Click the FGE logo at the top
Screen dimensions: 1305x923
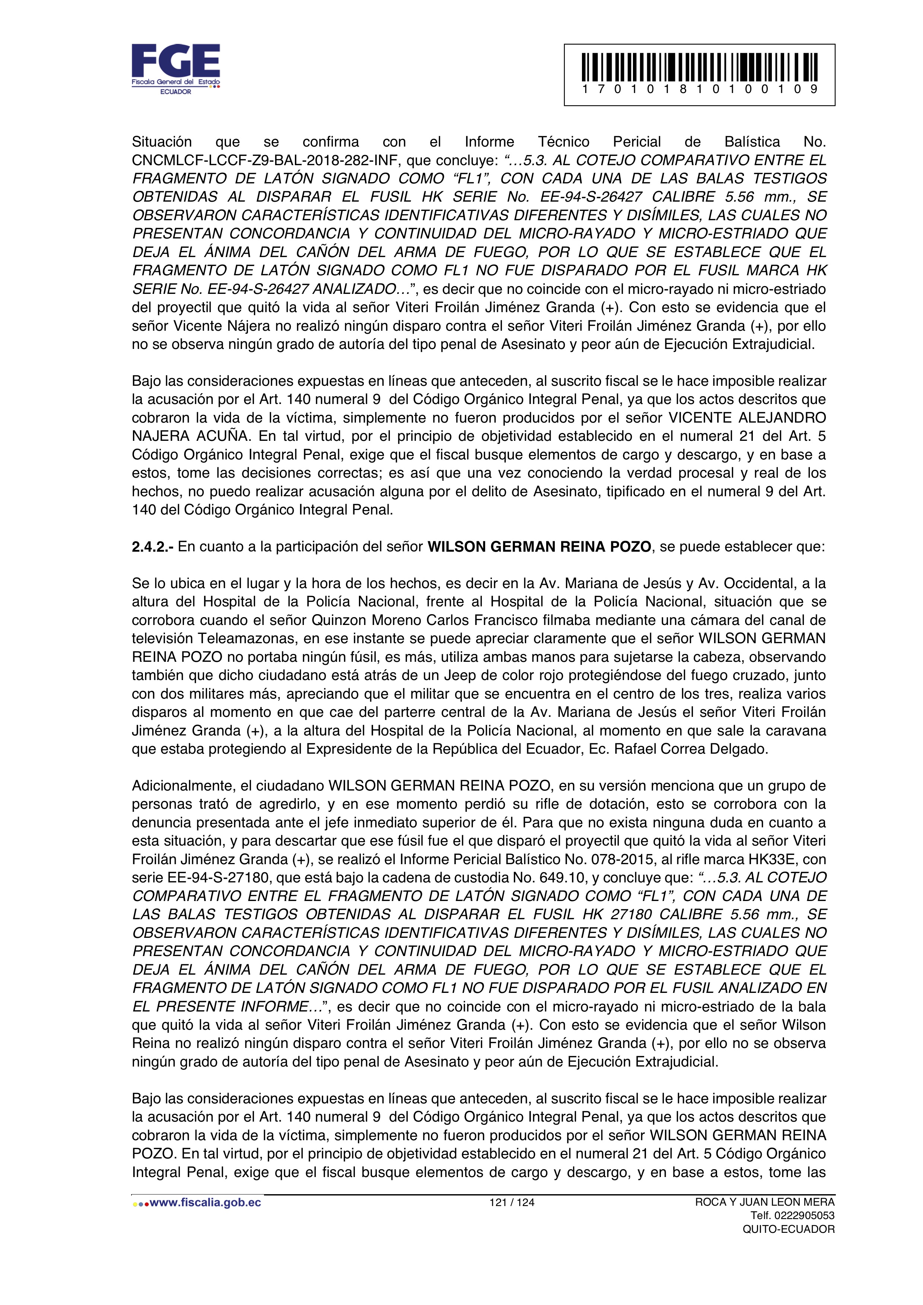pos(176,68)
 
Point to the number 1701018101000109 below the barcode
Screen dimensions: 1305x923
pos(700,89)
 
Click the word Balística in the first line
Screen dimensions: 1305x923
pos(752,141)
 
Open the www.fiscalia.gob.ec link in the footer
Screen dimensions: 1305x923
pos(205,1202)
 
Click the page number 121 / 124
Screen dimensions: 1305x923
pos(512,1202)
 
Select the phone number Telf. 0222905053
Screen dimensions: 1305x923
pos(792,1216)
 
